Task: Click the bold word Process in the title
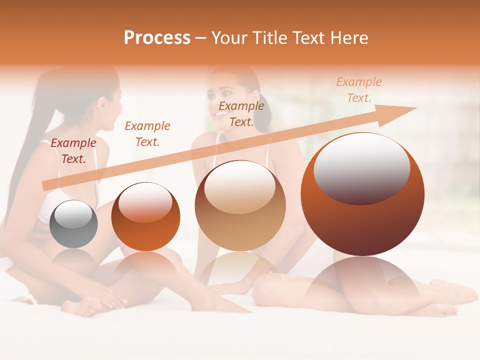(x=157, y=38)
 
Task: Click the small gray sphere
(x=73, y=224)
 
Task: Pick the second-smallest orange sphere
(x=145, y=216)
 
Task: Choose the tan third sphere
(x=240, y=205)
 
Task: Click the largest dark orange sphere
(x=362, y=194)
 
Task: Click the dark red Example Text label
(x=73, y=150)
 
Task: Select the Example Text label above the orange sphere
(x=147, y=133)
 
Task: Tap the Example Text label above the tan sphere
(x=241, y=113)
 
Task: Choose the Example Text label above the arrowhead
(x=358, y=90)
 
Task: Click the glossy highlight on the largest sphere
(x=361, y=169)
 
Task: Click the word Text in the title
(x=307, y=38)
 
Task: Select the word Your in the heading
(x=228, y=38)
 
